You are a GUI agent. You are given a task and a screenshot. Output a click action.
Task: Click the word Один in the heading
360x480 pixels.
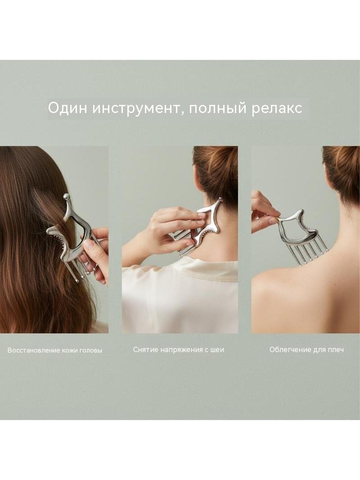[67, 108]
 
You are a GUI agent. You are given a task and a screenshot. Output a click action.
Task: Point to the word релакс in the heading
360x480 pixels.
[277, 109]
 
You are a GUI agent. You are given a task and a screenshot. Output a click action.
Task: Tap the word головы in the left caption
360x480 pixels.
[91, 350]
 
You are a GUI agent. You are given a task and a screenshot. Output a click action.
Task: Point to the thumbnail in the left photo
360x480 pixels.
[88, 245]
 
